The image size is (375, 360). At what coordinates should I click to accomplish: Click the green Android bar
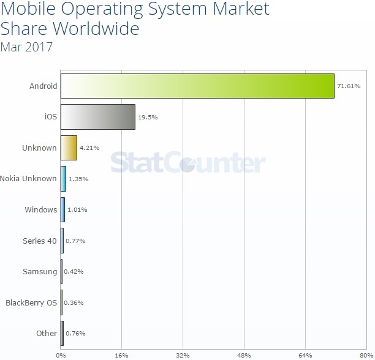pos(197,86)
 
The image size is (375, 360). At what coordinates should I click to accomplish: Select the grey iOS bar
pos(98,117)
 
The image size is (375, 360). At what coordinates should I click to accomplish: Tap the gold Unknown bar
pos(69,148)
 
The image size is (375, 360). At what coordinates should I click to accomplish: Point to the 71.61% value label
pos(349,86)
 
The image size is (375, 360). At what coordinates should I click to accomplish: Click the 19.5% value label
pos(148,117)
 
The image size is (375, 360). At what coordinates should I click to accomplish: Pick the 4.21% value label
pos(89,148)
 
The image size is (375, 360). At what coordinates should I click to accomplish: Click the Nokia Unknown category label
pos(28,179)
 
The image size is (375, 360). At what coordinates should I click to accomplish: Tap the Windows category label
pos(40,209)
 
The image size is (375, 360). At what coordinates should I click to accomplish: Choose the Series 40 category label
pos(39,241)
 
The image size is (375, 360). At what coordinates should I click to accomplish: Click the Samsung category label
pos(39,271)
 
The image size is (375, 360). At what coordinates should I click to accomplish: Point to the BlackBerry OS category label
pos(31,302)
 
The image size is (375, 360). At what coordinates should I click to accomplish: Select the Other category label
pos(47,334)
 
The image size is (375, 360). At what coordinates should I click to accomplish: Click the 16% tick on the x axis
pos(121,354)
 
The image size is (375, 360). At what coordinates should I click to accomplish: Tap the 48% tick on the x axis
pos(244,354)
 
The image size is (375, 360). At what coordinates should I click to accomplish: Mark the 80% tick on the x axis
pos(366,354)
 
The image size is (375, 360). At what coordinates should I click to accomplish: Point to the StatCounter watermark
pos(187,163)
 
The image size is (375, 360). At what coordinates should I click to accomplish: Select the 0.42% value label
pos(74,271)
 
